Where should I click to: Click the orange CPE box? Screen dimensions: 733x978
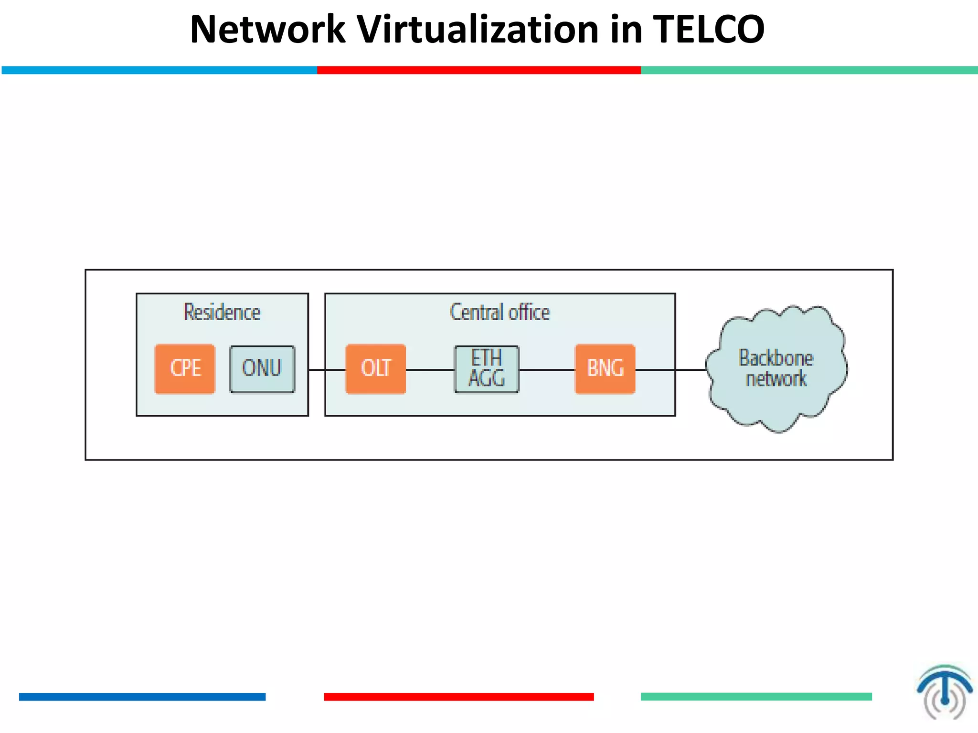click(185, 369)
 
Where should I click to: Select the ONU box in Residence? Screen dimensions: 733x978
click(262, 369)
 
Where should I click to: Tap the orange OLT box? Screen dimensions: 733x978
click(376, 369)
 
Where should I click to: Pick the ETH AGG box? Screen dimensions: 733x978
click(486, 369)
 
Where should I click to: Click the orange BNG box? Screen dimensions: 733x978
click(605, 369)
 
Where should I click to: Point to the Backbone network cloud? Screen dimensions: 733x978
click(776, 368)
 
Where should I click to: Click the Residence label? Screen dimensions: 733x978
click(222, 313)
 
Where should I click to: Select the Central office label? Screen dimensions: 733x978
click(500, 313)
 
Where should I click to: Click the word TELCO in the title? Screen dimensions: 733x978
click(709, 30)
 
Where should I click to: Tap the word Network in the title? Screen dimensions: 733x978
click(267, 30)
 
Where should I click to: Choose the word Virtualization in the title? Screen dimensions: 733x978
click(478, 30)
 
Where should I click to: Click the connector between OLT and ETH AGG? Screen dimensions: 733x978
click(430, 370)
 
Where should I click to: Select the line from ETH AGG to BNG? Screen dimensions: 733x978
click(547, 370)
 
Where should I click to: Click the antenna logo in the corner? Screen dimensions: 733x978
click(944, 692)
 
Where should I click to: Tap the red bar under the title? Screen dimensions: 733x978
click(478, 70)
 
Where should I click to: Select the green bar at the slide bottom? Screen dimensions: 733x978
click(756, 697)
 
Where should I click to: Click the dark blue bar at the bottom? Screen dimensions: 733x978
click(142, 697)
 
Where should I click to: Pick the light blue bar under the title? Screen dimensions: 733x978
click(159, 70)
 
